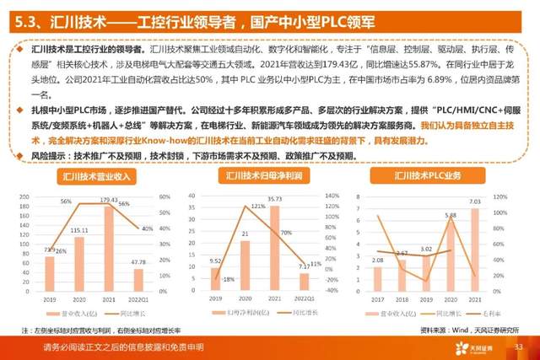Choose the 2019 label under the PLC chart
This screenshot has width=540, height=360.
pyautogui.click(x=427, y=298)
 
